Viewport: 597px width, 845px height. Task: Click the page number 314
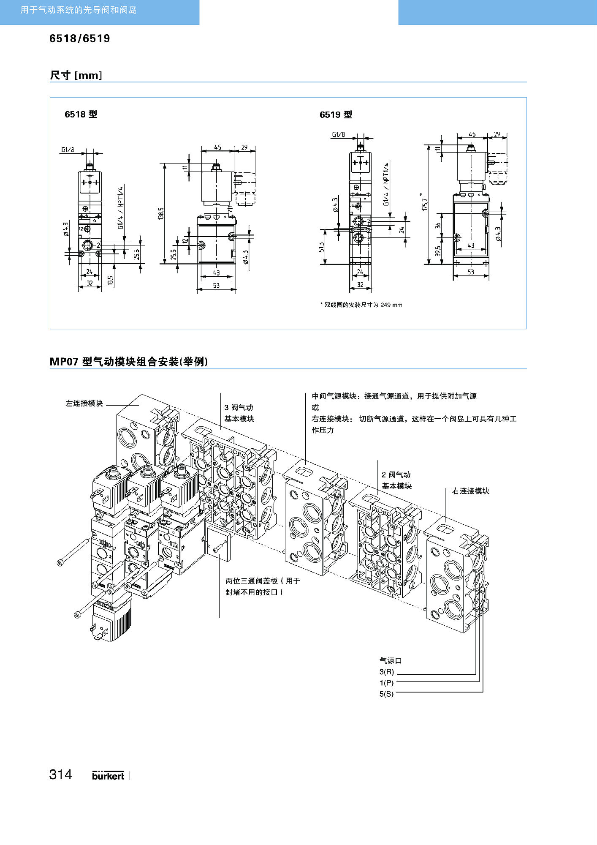click(x=60, y=774)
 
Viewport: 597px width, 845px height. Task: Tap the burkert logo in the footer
click(x=108, y=775)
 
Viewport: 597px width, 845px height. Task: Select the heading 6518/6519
click(x=79, y=39)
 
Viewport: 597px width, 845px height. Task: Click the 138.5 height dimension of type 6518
click(x=160, y=213)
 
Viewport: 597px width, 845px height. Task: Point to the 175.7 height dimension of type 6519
click(x=424, y=202)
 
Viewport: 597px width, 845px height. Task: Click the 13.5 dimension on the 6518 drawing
click(x=110, y=280)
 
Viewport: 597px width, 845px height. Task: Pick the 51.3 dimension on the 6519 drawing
click(x=322, y=247)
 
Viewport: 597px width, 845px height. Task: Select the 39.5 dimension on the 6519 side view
click(x=438, y=251)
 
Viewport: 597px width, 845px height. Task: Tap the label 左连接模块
click(x=84, y=403)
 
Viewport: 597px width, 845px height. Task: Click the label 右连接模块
click(x=470, y=491)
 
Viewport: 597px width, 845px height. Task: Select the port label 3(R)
click(x=386, y=672)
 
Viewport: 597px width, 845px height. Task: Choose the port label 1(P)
click(x=386, y=683)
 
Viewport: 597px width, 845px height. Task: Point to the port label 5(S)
click(x=386, y=694)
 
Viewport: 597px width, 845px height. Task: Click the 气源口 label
click(x=390, y=660)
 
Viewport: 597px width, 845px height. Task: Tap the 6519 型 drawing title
click(x=336, y=114)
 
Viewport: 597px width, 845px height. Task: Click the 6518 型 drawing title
click(x=81, y=114)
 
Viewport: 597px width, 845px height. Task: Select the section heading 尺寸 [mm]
click(x=76, y=75)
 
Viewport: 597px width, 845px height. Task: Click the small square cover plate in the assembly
click(x=219, y=544)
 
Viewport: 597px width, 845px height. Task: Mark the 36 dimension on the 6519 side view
click(x=438, y=226)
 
